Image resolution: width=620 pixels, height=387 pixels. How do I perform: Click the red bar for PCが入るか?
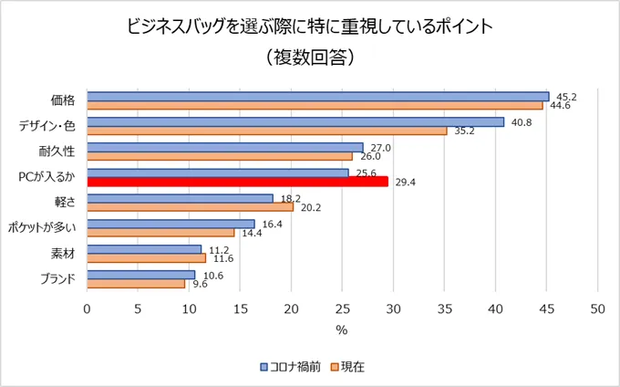point(237,182)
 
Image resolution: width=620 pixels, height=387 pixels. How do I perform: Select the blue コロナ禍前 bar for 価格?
point(317,96)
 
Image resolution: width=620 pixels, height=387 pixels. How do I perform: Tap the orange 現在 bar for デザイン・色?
point(266,131)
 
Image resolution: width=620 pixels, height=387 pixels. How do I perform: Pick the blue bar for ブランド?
point(140,274)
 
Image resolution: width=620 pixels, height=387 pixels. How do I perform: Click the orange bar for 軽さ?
point(190,207)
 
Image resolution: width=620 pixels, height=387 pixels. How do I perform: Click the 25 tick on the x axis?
point(343,308)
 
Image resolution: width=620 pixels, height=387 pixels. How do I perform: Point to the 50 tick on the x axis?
point(598,308)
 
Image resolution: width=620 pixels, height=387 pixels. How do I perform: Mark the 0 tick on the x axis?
point(87,308)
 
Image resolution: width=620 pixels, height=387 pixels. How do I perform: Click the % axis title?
point(342,329)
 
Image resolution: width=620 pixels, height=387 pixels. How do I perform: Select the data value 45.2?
point(565,96)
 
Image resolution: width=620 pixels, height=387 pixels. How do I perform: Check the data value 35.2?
point(464,131)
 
